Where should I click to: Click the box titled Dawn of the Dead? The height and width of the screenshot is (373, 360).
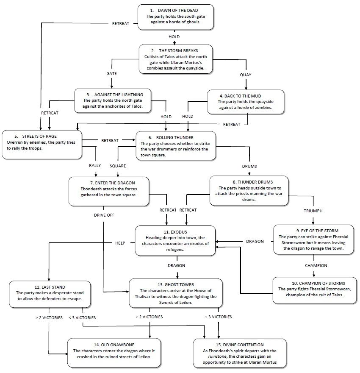pos(175,17)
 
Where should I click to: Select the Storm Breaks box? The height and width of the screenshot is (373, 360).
pos(175,59)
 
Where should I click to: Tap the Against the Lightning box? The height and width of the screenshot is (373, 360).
pos(113,101)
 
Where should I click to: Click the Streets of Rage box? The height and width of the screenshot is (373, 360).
pos(42,145)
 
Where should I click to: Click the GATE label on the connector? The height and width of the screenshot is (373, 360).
pos(111,74)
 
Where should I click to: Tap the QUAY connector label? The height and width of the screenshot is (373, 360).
pos(245,75)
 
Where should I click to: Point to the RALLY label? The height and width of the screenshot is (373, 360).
pos(94,165)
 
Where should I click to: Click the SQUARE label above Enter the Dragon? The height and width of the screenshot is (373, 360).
pos(117,165)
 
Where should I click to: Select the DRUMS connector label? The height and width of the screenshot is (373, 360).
pos(249,166)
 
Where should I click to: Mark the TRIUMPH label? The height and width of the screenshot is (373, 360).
pos(313,211)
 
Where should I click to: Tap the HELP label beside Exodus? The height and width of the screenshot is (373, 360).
pos(121,243)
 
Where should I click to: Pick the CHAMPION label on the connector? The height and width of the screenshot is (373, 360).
pos(316,265)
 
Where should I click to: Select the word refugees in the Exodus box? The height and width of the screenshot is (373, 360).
pos(175,250)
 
